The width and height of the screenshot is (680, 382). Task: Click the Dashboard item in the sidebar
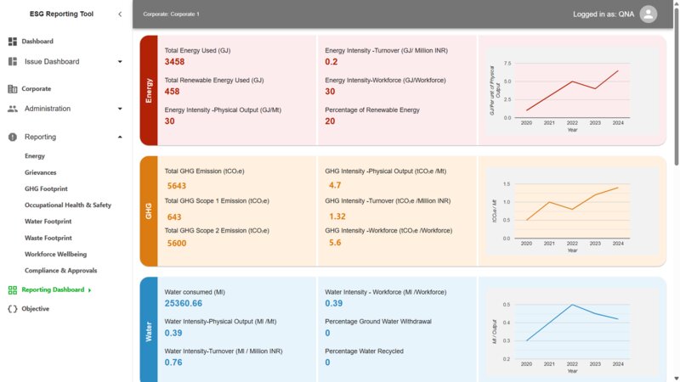tap(38, 42)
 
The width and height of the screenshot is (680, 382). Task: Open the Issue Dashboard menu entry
tap(51, 62)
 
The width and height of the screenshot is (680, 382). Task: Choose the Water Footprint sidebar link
tap(48, 222)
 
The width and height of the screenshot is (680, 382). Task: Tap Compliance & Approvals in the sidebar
tap(61, 271)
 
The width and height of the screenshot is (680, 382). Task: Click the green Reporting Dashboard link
tap(53, 290)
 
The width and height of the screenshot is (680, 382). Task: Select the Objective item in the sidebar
tap(35, 309)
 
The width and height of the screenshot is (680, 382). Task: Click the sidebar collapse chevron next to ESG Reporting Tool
tap(120, 14)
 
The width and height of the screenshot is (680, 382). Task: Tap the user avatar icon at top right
tap(648, 14)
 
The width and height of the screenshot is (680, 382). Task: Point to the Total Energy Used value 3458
tap(174, 62)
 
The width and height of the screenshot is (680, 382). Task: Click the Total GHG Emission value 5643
tap(177, 185)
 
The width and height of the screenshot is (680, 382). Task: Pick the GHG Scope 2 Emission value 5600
tap(177, 244)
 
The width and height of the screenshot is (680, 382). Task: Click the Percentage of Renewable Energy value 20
tap(330, 121)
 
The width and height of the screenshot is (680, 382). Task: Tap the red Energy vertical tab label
tap(149, 90)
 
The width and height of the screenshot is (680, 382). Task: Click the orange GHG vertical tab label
tap(149, 211)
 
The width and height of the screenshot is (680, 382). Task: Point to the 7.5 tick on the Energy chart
tap(507, 64)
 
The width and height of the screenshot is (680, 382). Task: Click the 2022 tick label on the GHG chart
tap(572, 244)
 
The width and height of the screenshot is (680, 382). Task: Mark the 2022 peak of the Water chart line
tap(572, 305)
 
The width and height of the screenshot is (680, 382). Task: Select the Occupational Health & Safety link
tap(68, 205)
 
